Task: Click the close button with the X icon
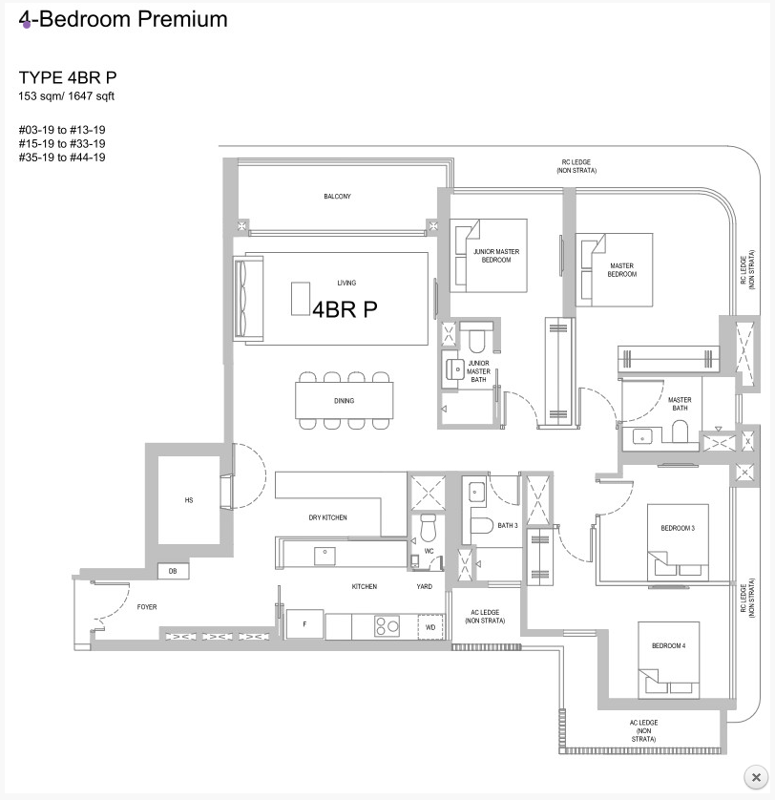[756, 777]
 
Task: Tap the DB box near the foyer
[173, 571]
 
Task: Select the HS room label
[189, 500]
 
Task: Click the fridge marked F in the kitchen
[304, 623]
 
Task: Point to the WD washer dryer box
[430, 627]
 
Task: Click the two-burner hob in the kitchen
[387, 626]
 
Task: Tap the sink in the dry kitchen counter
[325, 555]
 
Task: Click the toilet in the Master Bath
[680, 432]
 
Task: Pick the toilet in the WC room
[428, 528]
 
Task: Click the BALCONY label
[337, 197]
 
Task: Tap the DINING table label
[344, 401]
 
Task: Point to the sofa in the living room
[248, 299]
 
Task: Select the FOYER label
[147, 606]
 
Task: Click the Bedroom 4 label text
[668, 645]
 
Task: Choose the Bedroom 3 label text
[678, 528]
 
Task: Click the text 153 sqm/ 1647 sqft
[66, 95]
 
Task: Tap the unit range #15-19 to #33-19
[62, 143]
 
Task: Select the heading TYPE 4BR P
[68, 77]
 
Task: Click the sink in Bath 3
[476, 492]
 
